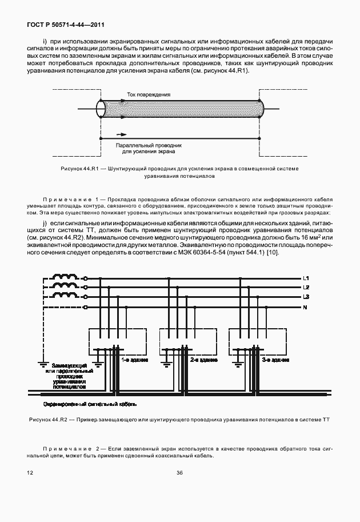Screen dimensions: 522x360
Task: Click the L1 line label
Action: coord(306,278)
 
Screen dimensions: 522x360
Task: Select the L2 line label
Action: coord(306,287)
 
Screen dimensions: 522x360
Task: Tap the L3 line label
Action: coord(306,297)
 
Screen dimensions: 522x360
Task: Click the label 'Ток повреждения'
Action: coord(148,94)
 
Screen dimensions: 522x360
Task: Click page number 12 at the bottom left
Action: coord(30,473)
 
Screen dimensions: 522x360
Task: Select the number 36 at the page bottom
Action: coord(179,473)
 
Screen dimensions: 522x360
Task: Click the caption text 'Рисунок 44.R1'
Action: coord(80,169)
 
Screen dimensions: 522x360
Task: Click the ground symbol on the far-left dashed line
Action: coord(42,362)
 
